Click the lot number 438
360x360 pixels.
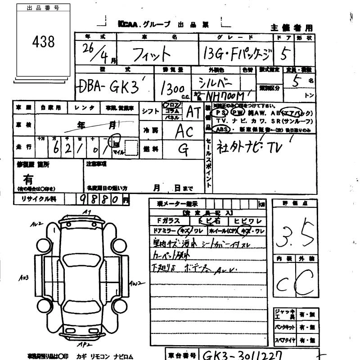pyautogui.click(x=43, y=42)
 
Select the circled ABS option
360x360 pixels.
pyautogui.click(x=222, y=129)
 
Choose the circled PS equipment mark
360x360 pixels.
pyautogui.click(x=220, y=112)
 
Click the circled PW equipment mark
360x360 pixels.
pyautogui.click(x=237, y=112)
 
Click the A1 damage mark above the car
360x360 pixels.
pyautogui.click(x=87, y=211)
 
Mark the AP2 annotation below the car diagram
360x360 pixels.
pyautogui.click(x=82, y=344)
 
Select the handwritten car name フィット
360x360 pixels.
pyautogui.click(x=153, y=54)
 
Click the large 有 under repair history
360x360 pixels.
pyautogui.click(x=28, y=179)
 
